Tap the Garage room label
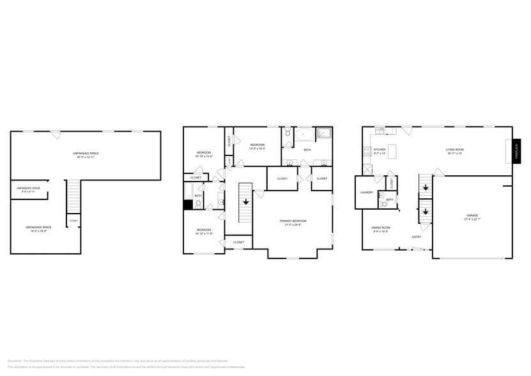point(472,215)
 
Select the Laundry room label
point(366,192)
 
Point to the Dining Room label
point(381,228)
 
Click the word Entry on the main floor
point(416,237)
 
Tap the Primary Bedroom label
point(294,221)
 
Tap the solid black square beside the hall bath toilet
point(188,205)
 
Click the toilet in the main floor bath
point(381,205)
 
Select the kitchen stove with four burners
point(367,152)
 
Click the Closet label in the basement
point(73,221)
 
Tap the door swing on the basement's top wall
point(56,134)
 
